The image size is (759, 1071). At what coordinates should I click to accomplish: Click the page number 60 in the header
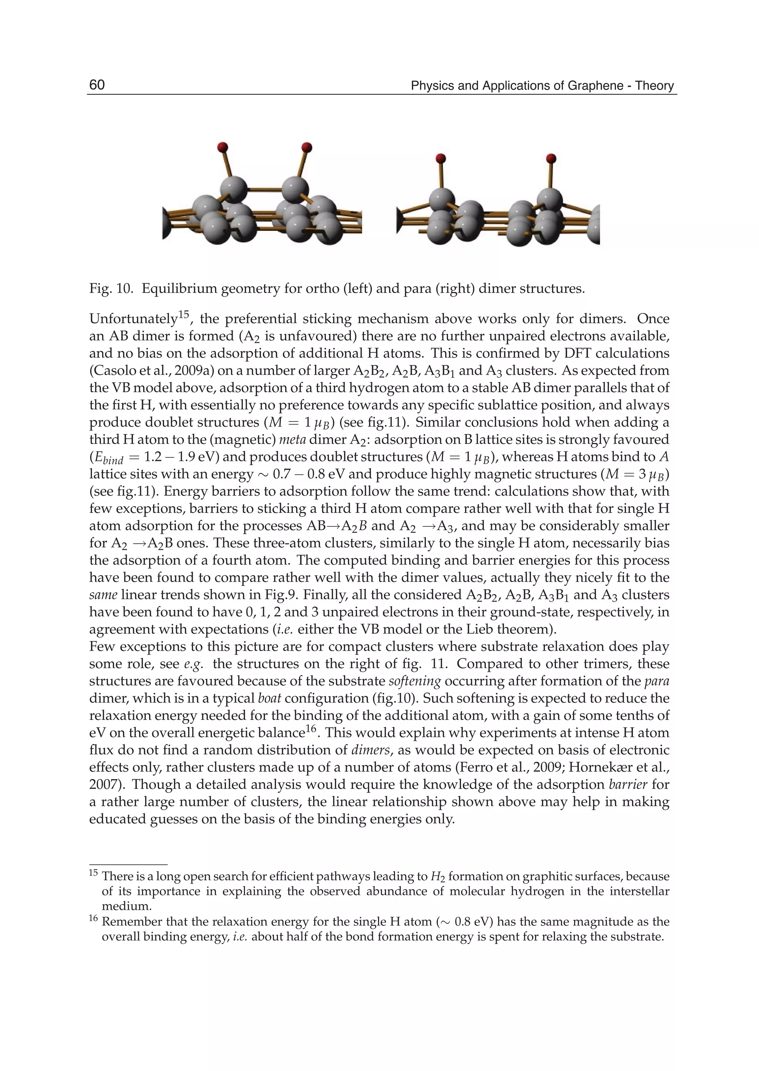(97, 85)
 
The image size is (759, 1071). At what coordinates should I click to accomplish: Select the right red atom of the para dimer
(551, 158)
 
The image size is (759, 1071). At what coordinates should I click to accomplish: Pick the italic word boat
(269, 699)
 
